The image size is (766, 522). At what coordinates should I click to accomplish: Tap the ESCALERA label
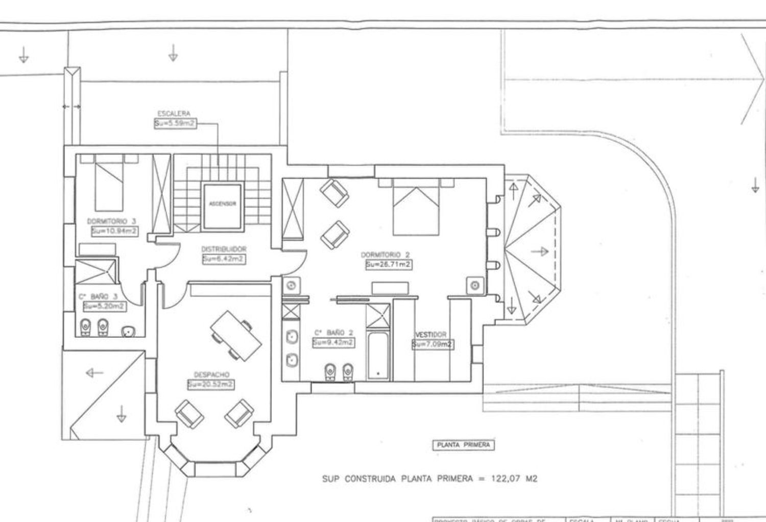pyautogui.click(x=174, y=113)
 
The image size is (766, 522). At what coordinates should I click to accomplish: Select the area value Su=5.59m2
pyautogui.click(x=175, y=123)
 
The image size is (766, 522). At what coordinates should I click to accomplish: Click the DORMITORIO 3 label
pyautogui.click(x=111, y=221)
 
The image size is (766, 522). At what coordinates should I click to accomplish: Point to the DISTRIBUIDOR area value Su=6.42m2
pyautogui.click(x=223, y=259)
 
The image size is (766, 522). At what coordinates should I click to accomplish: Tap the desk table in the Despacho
pyautogui.click(x=236, y=336)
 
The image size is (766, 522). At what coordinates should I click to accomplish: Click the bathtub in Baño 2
pyautogui.click(x=378, y=357)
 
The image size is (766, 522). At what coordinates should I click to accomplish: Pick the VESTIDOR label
pyautogui.click(x=432, y=335)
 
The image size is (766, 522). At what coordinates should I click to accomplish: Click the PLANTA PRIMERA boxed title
pyautogui.click(x=463, y=445)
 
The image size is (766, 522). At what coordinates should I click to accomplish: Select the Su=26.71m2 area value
pyautogui.click(x=388, y=265)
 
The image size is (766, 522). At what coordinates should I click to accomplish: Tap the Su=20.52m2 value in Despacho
pyautogui.click(x=211, y=384)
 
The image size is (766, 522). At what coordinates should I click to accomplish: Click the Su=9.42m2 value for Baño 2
pyautogui.click(x=333, y=342)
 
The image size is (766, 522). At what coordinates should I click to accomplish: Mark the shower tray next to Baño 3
pyautogui.click(x=95, y=271)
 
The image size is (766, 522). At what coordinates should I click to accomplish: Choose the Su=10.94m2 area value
pyautogui.click(x=114, y=231)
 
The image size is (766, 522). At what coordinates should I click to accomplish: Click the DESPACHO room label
pyautogui.click(x=211, y=374)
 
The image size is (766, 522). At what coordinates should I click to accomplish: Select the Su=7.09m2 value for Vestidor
pyautogui.click(x=432, y=344)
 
